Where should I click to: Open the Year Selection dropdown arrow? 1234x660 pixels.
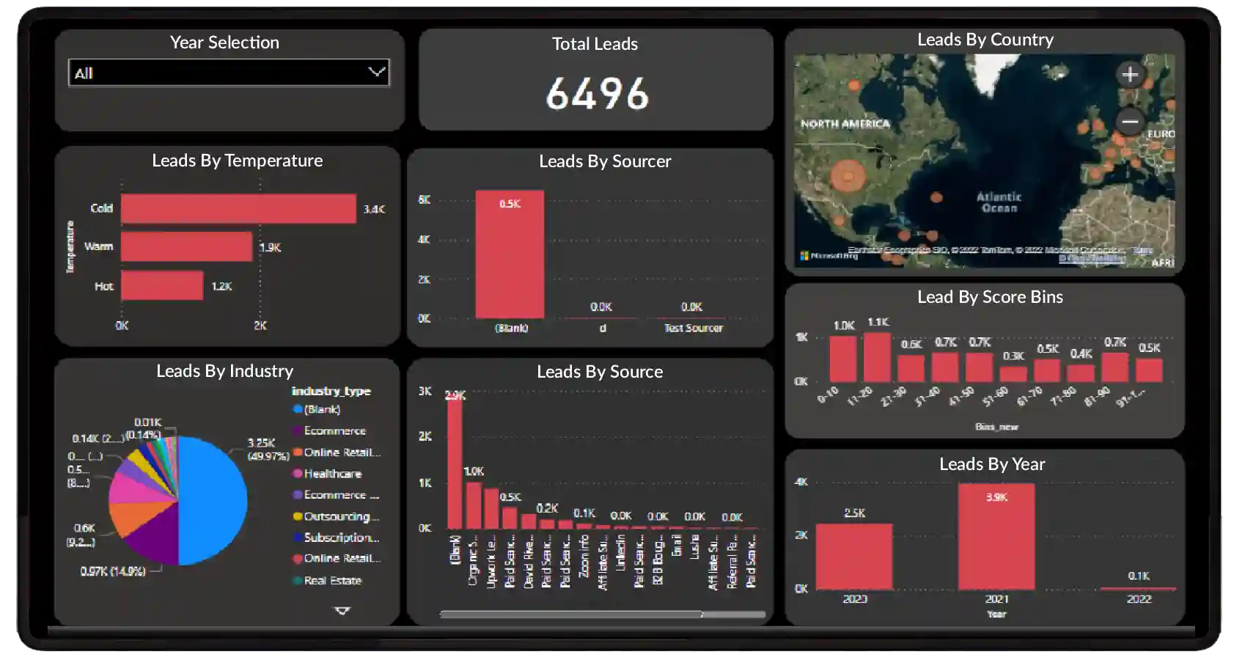tap(376, 72)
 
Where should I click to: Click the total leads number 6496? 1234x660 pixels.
tap(597, 94)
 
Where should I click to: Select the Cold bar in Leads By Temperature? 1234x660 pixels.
tap(238, 209)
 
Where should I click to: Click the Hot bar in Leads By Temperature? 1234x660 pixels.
tap(162, 286)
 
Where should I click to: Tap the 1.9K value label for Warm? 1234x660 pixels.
tap(271, 248)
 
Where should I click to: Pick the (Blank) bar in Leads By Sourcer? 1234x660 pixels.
tap(510, 254)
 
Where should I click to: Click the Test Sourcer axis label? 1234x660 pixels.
tap(693, 329)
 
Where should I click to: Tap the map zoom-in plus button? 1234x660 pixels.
tap(1130, 74)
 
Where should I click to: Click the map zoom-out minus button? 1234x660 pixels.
tap(1130, 122)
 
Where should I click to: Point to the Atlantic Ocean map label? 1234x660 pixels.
tap(999, 202)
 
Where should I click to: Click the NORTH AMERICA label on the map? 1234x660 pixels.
tap(845, 124)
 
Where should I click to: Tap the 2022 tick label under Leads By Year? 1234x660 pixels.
tap(1139, 599)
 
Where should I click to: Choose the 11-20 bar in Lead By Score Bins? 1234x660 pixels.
tap(877, 357)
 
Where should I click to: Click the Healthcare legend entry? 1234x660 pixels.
tap(332, 474)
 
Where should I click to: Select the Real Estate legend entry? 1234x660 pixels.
tap(332, 581)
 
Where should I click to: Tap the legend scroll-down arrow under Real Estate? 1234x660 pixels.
tap(342, 610)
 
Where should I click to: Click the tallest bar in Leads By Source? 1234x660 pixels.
tap(455, 462)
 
